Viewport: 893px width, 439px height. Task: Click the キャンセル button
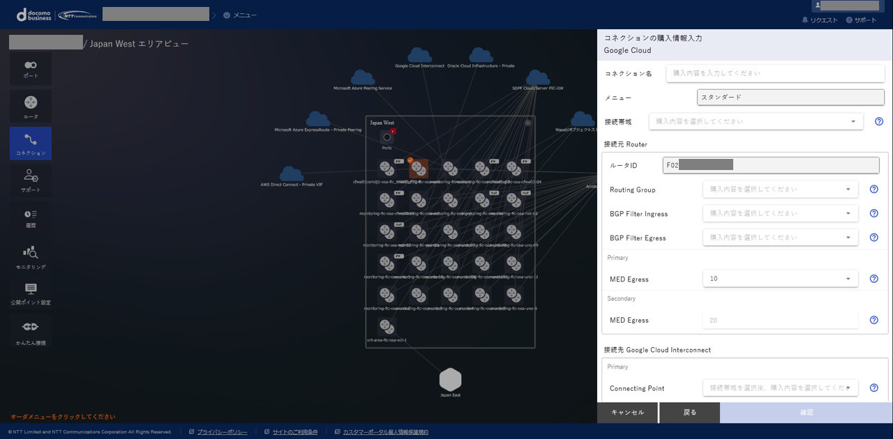pos(627,413)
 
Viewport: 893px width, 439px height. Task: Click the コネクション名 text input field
pos(775,73)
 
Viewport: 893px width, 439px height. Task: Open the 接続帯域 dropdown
pos(756,121)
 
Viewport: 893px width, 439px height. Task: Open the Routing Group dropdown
pos(780,190)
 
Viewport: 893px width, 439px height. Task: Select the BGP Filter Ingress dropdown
pos(780,213)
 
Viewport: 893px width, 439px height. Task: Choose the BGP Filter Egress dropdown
pos(780,238)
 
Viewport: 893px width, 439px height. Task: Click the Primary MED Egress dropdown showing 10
pos(780,279)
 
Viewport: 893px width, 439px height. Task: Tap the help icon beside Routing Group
pos(873,190)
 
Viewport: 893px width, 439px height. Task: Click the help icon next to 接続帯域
pos(879,121)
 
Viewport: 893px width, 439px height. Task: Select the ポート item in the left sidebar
pos(31,69)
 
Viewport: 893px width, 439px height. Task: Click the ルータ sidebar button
pos(31,107)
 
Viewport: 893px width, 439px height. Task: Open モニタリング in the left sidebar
pos(31,256)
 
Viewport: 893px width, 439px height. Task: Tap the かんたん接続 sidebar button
pos(31,331)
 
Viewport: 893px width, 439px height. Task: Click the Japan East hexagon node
pos(450,380)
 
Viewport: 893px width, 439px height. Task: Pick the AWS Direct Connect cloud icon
pos(292,174)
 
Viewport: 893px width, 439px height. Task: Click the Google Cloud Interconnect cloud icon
pos(419,55)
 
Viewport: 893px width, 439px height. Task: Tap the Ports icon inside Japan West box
pos(387,137)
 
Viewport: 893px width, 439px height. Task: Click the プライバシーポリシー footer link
pos(221,432)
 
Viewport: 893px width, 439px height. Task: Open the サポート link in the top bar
pos(861,20)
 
